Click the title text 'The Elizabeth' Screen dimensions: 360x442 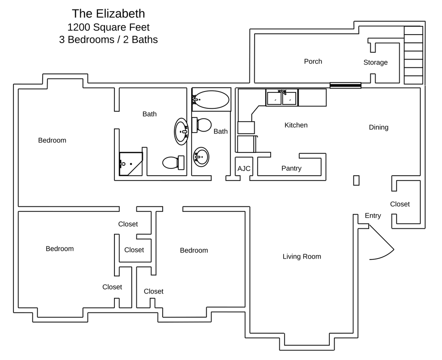coord(108,14)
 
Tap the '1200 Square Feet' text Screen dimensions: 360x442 coord(108,27)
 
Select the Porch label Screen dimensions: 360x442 coord(313,61)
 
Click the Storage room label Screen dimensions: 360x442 coord(375,63)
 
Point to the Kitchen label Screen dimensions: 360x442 coord(296,125)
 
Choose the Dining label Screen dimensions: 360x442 coord(379,127)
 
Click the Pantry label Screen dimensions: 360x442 coord(291,168)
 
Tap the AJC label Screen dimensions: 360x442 coord(244,168)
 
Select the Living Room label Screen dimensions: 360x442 coord(302,256)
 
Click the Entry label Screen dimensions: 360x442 coord(373,216)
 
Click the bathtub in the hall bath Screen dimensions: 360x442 coord(211,100)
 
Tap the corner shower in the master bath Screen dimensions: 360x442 coord(130,164)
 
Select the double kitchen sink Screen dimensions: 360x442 coord(282,98)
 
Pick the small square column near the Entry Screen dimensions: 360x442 coord(356,180)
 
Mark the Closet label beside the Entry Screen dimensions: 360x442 coord(400,204)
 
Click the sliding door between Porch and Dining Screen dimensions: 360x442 coord(345,85)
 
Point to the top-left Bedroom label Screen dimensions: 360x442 coord(52,140)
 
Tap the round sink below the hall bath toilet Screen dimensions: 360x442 coord(201,157)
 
